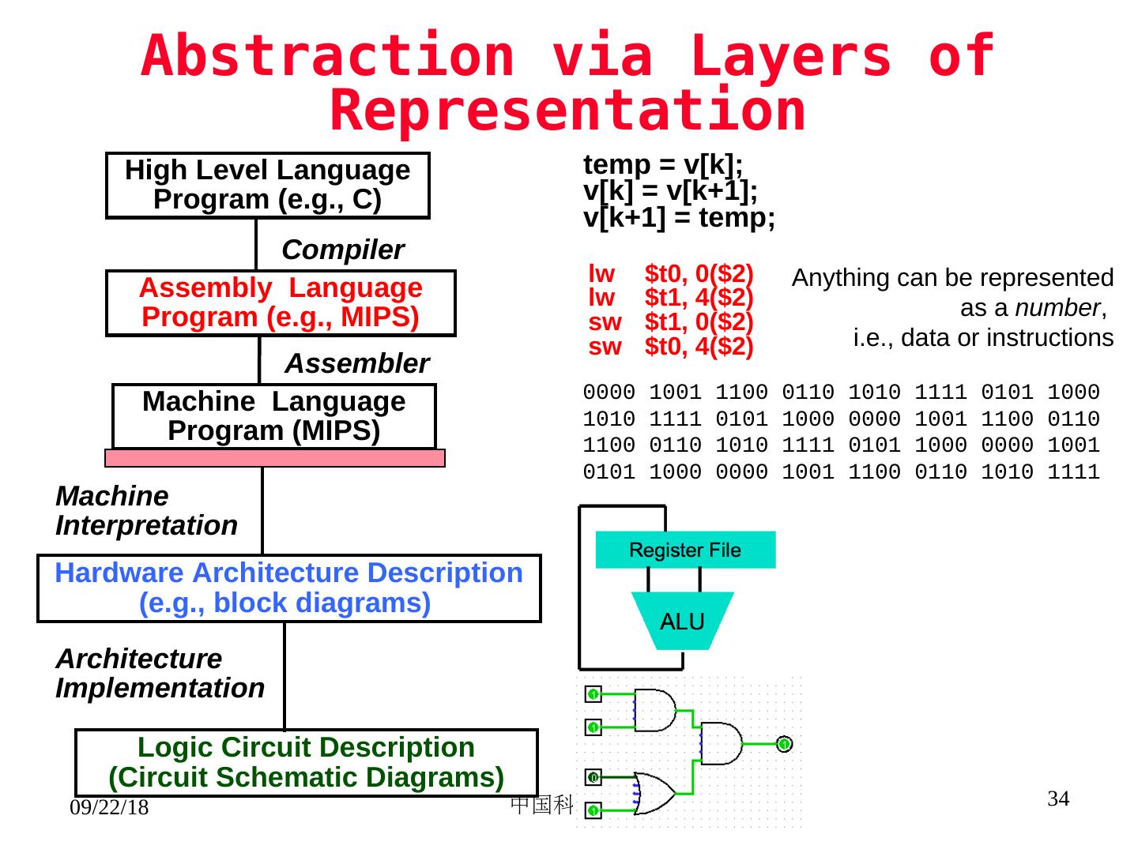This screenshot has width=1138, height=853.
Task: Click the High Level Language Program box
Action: [268, 185]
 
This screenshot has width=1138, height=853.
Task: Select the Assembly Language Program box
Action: [281, 302]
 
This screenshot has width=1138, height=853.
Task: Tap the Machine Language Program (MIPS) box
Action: [273, 416]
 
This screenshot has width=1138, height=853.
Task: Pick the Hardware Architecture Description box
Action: [288, 588]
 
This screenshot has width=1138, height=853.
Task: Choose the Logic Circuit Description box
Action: [306, 762]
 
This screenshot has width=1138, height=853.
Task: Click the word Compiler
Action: [343, 250]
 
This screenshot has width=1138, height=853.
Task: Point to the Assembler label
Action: [356, 363]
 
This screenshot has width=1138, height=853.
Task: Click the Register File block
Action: [685, 550]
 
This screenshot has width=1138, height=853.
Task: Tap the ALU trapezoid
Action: [682, 622]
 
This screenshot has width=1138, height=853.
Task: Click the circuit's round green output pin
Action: [783, 744]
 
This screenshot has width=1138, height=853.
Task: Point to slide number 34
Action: [1058, 799]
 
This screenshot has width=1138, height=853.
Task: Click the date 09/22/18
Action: [109, 808]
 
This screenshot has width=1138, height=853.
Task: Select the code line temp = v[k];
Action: [663, 164]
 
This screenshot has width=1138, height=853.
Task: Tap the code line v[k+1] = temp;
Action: [679, 217]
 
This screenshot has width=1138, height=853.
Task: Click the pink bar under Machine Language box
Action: [275, 458]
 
